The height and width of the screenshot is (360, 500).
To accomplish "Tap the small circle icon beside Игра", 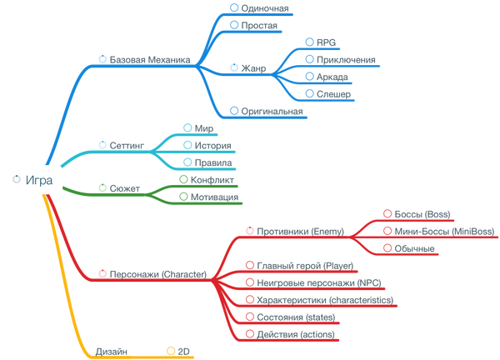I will pos(16,180).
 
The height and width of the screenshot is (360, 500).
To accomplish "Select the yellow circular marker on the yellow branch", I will pos(170,349).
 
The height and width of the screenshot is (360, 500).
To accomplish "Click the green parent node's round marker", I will pos(102,187).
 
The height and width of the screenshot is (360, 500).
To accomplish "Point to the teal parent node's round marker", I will pos(102,143).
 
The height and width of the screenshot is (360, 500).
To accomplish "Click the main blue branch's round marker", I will pos(102,58).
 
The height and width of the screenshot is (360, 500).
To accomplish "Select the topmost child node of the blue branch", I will pos(258,7).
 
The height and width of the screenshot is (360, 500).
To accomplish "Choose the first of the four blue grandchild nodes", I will pos(320,40).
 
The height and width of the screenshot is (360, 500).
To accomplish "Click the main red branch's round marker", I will pos(102,272).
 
